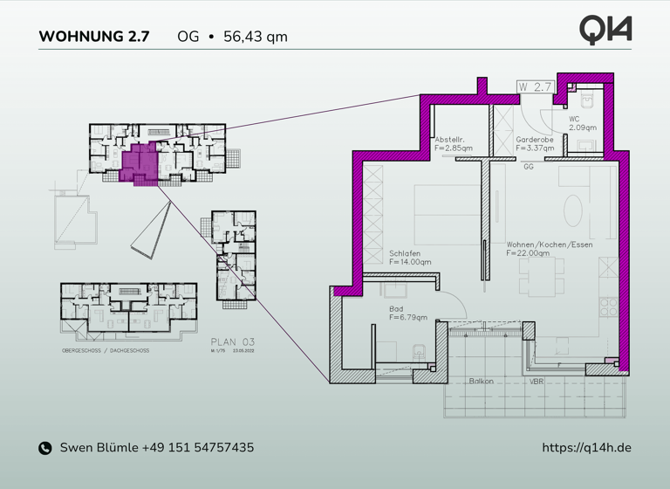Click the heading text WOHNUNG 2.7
94,37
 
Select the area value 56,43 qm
256,37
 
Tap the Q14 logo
605,30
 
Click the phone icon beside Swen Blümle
45,448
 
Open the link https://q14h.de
586,448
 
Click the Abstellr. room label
449,139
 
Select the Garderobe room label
533,139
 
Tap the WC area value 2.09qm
582,127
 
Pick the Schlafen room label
406,252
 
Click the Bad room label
397,308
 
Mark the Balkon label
481,382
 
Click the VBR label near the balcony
536,382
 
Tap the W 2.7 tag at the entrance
535,86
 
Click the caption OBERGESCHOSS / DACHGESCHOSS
106,350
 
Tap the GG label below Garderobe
528,167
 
